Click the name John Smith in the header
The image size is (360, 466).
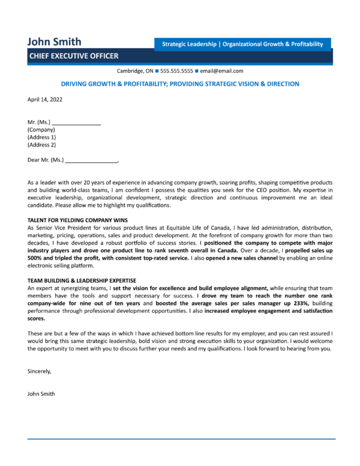pyautogui.click(x=54, y=42)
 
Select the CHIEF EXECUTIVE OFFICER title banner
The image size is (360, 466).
pyautogui.click(x=73, y=56)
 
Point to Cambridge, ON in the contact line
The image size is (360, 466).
pyautogui.click(x=135, y=71)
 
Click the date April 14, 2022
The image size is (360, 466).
pyautogui.click(x=44, y=99)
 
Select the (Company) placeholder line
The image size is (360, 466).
pyautogui.click(x=41, y=129)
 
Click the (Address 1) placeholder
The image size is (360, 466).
pyautogui.click(x=42, y=137)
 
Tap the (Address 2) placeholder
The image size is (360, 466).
pyautogui.click(x=42, y=145)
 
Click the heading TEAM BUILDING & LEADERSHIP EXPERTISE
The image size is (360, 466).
pyautogui.click(x=82, y=280)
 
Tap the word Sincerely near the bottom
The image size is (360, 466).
pyautogui.click(x=40, y=371)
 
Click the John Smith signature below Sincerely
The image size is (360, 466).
pyautogui.click(x=41, y=394)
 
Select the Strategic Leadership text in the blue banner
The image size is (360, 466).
pyautogui.click(x=188, y=44)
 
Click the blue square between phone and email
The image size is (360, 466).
pyautogui.click(x=197, y=71)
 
